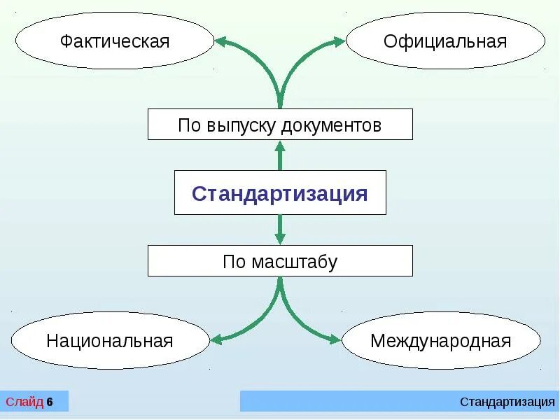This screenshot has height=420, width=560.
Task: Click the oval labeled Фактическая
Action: [x=114, y=40]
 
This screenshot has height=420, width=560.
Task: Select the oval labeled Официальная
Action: [x=445, y=40]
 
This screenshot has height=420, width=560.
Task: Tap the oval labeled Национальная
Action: [x=110, y=341]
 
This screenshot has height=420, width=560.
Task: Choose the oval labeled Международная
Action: [x=441, y=341]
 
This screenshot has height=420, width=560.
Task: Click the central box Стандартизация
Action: [x=280, y=192]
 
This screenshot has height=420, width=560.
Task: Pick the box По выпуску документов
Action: [x=280, y=125]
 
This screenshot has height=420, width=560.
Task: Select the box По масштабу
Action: [x=280, y=261]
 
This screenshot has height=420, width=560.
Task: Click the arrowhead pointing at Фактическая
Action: [x=221, y=41]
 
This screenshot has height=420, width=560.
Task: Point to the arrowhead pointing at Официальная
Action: [x=339, y=41]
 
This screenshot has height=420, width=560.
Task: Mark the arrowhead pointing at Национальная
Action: [x=217, y=339]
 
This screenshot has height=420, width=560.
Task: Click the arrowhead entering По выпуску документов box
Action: [x=280, y=145]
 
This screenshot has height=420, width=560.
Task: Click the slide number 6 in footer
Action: [x=50, y=402]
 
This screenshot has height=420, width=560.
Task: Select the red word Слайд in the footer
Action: [x=24, y=402]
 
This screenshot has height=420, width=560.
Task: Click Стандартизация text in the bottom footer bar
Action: [x=507, y=402]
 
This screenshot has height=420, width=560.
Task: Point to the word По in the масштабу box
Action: [x=234, y=262]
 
